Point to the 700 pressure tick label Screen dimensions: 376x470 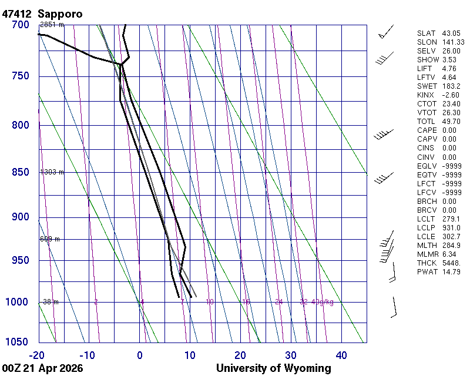[21, 25]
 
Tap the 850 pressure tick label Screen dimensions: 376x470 [21, 172]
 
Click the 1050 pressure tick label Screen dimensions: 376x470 [18, 343]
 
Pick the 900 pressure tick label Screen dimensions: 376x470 [21, 217]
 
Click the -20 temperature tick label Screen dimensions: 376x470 [38, 355]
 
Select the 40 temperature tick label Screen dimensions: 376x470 [341, 355]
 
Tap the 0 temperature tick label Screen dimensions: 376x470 [140, 355]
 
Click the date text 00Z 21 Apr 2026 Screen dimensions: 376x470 [42, 368]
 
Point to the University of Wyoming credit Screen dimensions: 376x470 [273, 368]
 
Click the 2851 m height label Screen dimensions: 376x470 [52, 25]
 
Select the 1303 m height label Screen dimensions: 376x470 [52, 172]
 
